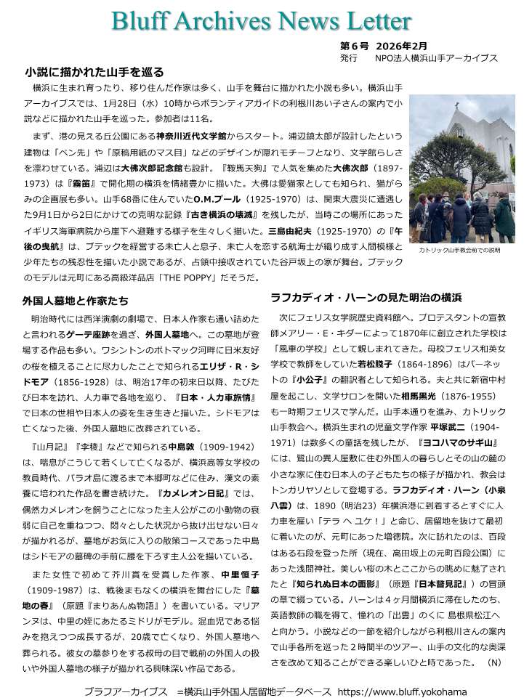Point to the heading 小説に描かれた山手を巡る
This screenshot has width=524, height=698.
click(x=94, y=72)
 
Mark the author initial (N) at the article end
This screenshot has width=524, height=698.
click(x=493, y=662)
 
